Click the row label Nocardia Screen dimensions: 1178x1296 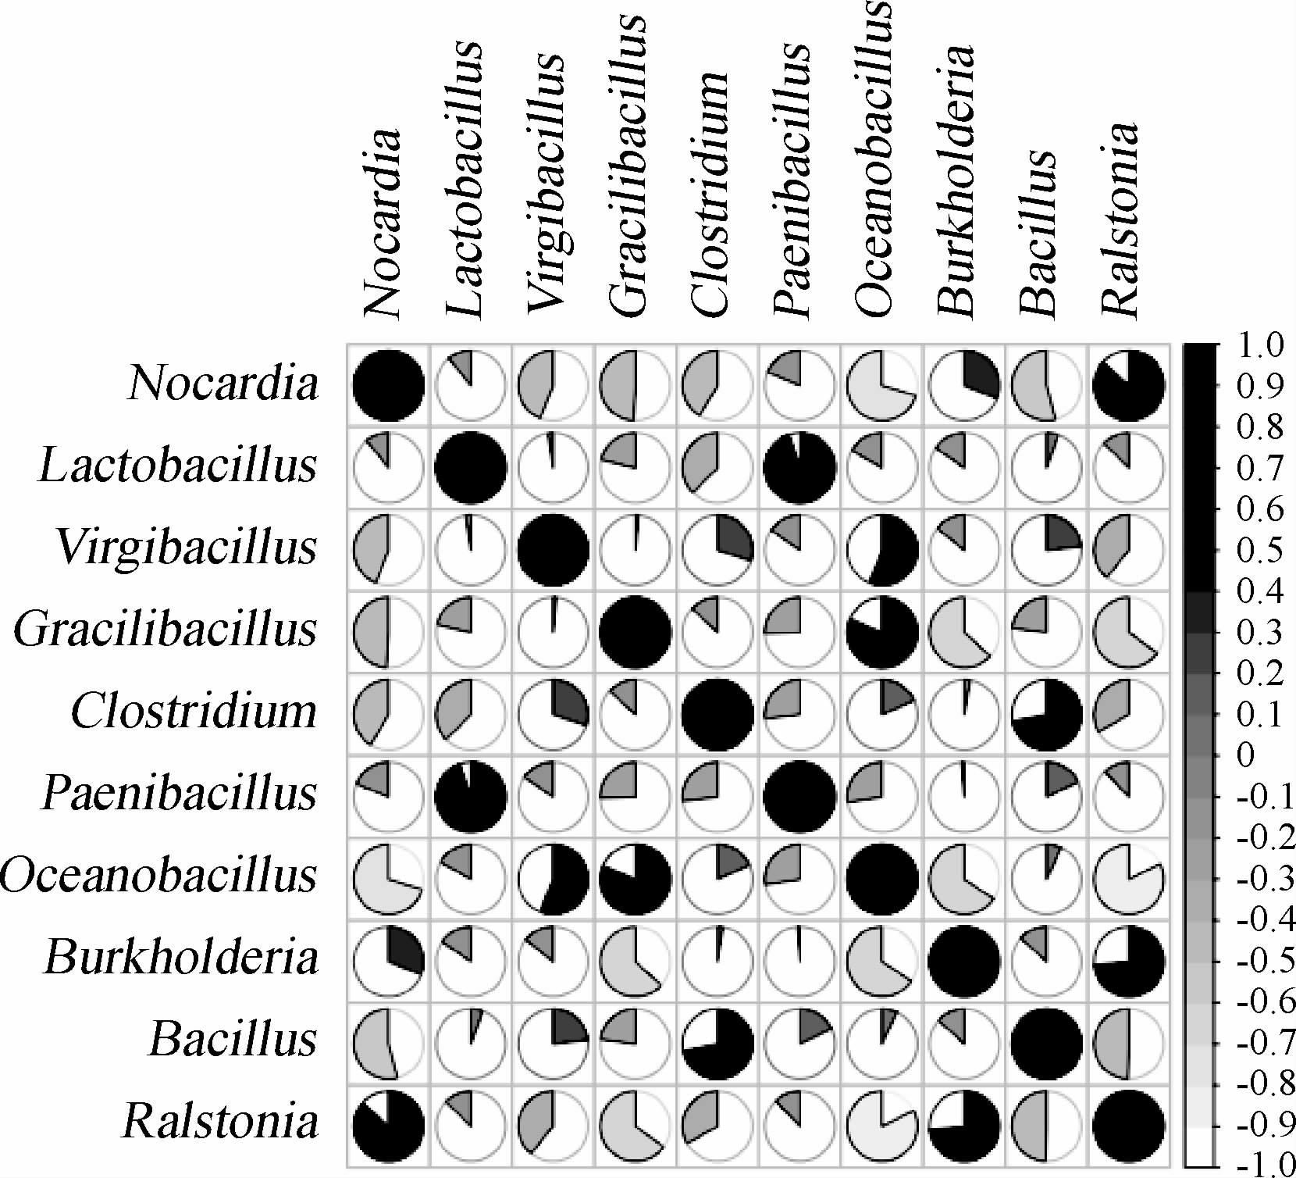tap(223, 384)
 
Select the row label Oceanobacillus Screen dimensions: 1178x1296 tap(158, 876)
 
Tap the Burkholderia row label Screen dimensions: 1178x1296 tap(181, 958)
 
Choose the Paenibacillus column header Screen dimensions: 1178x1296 tap(791, 180)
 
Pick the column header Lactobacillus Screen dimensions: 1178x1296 tap(464, 180)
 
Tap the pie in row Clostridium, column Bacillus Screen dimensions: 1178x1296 tap(1046, 714)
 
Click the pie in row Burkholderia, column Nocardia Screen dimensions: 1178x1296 tap(389, 960)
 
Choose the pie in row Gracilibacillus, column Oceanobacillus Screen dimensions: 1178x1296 tap(882, 632)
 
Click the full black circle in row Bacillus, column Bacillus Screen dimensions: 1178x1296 tap(1046, 1042)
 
